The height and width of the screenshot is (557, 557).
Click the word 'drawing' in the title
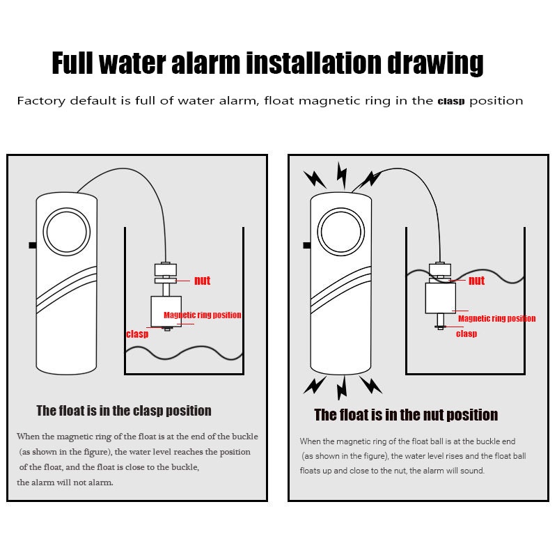pos(435,63)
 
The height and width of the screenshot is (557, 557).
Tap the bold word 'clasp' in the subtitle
pos(451,101)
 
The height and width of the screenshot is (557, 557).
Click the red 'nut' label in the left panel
pos(202,281)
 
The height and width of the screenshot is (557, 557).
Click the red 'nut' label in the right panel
pos(476,281)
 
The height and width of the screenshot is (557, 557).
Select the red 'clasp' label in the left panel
pos(137,334)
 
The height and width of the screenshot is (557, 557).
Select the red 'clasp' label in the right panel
pos(466,334)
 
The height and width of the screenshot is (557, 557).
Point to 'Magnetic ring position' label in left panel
pos(202,315)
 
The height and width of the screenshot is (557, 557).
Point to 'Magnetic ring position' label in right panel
pos(496,318)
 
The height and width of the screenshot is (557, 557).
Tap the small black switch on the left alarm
pos(33,245)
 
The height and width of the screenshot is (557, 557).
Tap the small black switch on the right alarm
pos(307,245)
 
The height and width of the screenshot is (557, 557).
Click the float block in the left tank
pos(166,311)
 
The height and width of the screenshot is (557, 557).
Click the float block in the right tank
pos(441,298)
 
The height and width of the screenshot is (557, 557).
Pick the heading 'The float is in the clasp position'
pos(124,411)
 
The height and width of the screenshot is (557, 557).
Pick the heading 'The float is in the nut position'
pos(406,415)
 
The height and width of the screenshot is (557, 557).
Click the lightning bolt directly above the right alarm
pos(342,175)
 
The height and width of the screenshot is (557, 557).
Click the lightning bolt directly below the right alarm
pos(342,388)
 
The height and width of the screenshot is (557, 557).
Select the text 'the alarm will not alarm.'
pos(65,483)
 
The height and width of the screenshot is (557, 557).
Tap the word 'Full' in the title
pos(72,63)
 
